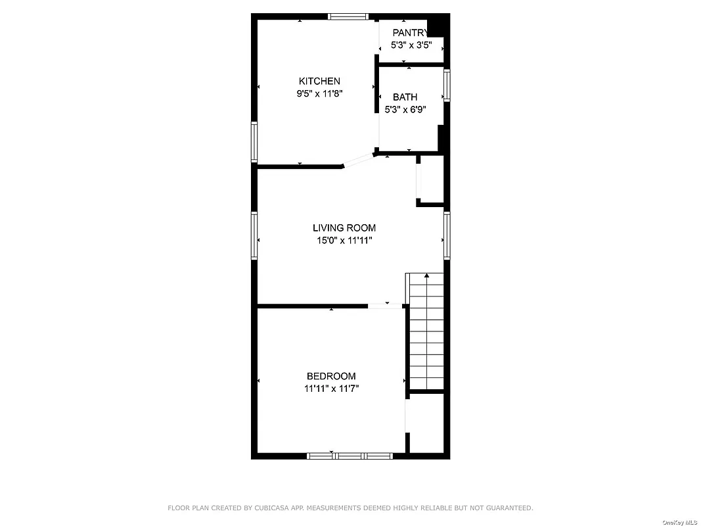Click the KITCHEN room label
pos(319,81)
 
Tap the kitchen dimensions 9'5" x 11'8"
pos(319,93)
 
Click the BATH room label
pos(405,97)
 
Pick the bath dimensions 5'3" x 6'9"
pos(405,110)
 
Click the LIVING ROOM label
pos(344,228)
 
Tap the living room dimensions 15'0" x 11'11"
pos(344,241)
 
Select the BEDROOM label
pos(331,376)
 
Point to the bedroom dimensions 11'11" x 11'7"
pos(331,389)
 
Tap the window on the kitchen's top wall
pos(348,17)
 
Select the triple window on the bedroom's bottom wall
pos(350,455)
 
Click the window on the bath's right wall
pos(447,86)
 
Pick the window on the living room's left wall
pos(254,235)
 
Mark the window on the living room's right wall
pos(447,235)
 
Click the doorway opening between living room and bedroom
pos(385,306)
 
